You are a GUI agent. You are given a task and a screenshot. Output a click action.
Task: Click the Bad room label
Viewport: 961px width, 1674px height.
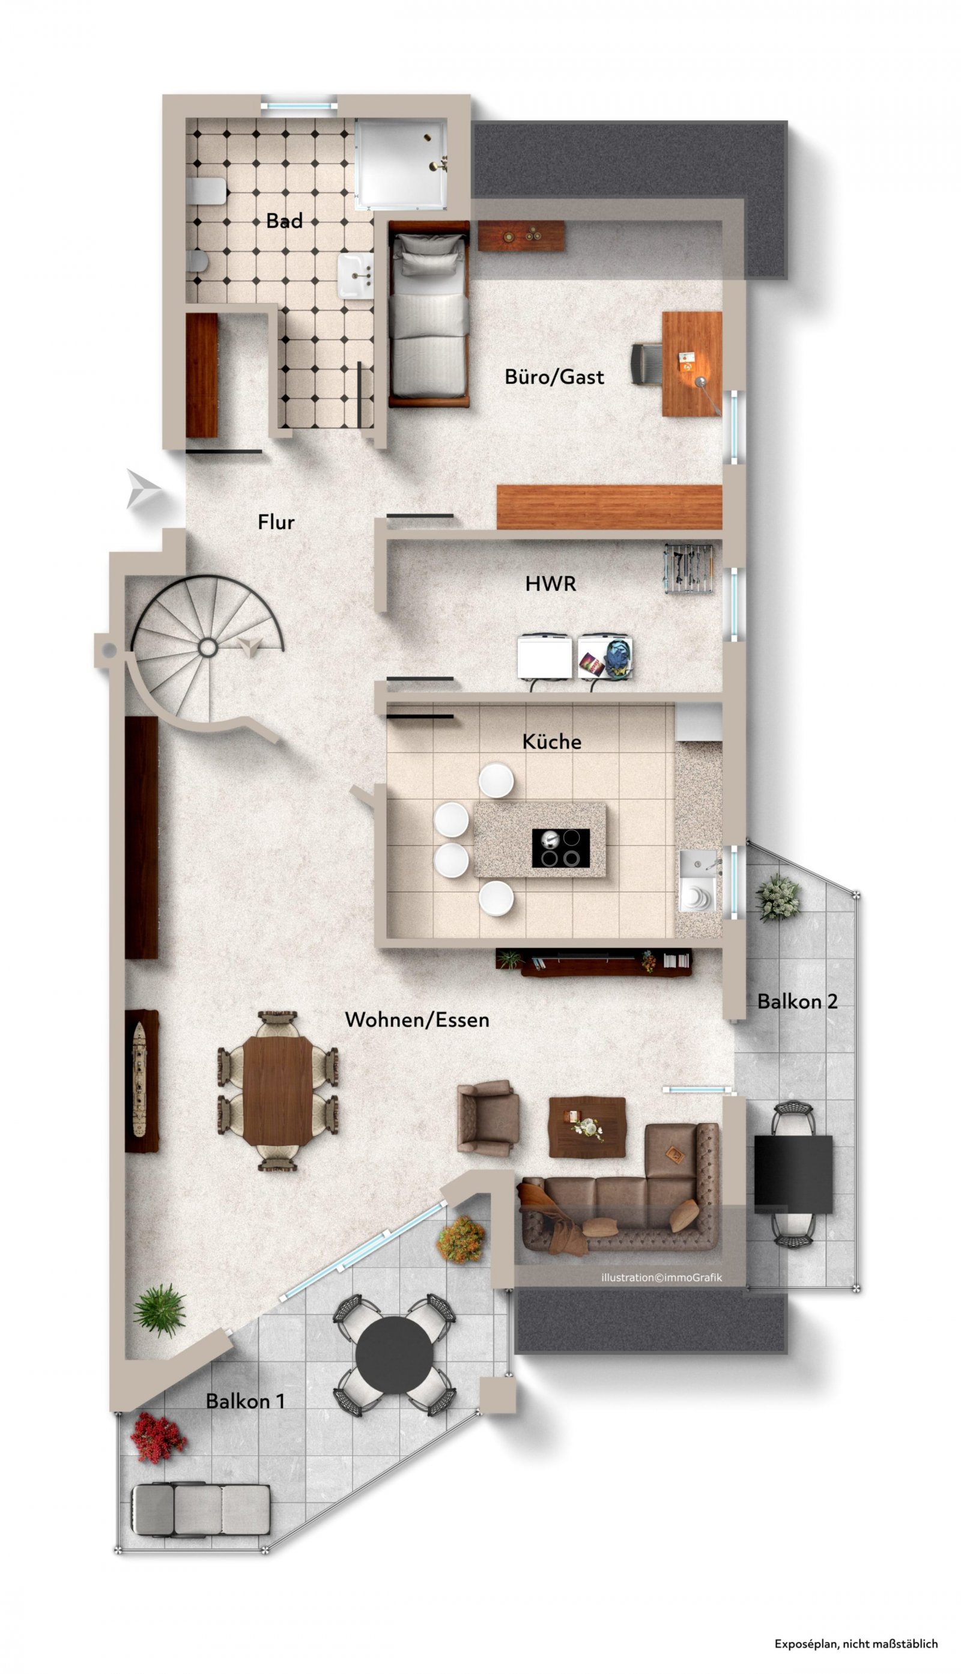[x=284, y=221]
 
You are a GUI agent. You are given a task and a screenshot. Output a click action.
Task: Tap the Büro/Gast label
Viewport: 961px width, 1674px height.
[x=554, y=377]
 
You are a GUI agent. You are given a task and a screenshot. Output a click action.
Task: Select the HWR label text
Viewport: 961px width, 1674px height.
[x=550, y=583]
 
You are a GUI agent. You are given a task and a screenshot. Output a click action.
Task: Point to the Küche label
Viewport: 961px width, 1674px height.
[x=552, y=741]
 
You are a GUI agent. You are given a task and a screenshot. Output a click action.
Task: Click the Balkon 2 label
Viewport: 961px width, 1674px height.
[x=797, y=1002]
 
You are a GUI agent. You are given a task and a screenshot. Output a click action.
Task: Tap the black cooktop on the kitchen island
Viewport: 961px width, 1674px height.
[x=561, y=848]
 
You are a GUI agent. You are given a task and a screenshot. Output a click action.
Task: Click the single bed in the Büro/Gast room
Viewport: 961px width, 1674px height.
[x=428, y=314]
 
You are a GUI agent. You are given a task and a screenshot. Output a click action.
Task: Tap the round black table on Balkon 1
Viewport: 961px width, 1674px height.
[x=394, y=1355]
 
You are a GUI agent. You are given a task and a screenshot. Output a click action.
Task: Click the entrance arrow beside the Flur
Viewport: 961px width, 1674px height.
[x=142, y=489]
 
